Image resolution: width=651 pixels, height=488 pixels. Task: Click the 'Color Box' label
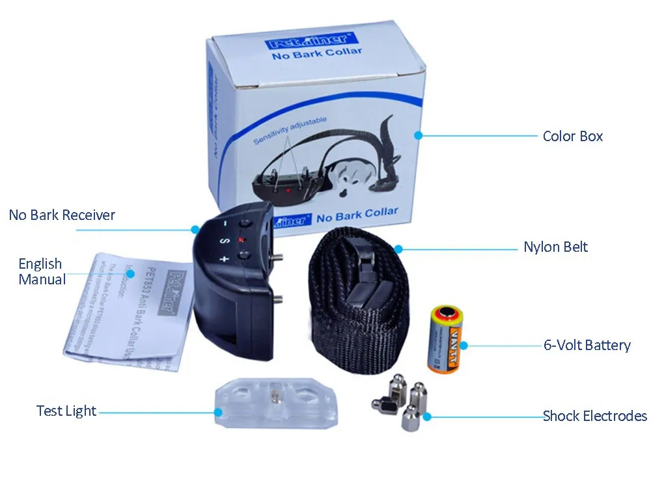pyautogui.click(x=572, y=136)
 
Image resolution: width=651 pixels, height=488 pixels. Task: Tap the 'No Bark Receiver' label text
pyautogui.click(x=62, y=215)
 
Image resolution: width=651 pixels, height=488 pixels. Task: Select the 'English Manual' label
pyautogui.click(x=42, y=271)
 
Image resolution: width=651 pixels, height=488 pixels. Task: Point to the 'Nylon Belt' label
pyautogui.click(x=555, y=247)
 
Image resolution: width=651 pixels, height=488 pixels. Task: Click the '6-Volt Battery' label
pyautogui.click(x=587, y=345)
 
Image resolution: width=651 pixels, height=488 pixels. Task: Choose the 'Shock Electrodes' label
pyautogui.click(x=594, y=416)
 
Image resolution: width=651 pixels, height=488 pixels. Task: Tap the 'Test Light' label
pyautogui.click(x=66, y=411)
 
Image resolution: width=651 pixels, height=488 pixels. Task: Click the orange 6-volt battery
pyautogui.click(x=445, y=340)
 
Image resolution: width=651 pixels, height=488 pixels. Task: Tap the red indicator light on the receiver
pyautogui.click(x=240, y=241)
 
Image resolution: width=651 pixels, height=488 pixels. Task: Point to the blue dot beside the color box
pyautogui.click(x=419, y=135)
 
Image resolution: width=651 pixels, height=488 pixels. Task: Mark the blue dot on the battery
pyautogui.click(x=464, y=345)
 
